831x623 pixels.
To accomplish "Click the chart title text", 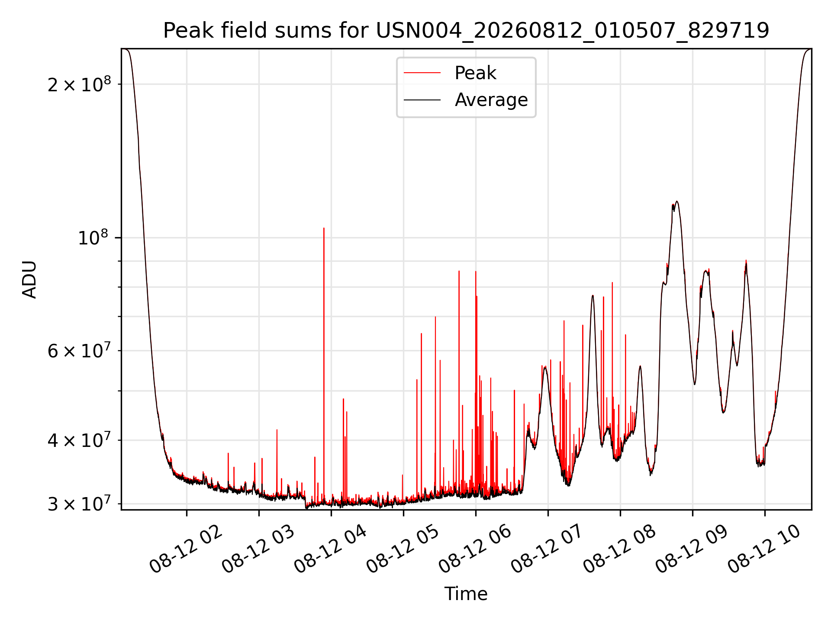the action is [x=466, y=31].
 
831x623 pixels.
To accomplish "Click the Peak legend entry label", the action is [x=475, y=73].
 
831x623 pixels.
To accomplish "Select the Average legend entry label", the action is [x=491, y=100].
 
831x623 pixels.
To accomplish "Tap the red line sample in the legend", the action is [x=422, y=73].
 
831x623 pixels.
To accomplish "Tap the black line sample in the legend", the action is [x=422, y=100].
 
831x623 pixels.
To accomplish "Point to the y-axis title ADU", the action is [x=29, y=279].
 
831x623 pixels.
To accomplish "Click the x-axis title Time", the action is [x=466, y=594].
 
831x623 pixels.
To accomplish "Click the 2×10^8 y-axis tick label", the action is [x=79, y=83].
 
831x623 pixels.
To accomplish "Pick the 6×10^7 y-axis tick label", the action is [x=79, y=350].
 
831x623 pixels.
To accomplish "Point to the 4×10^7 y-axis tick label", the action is [x=79, y=440].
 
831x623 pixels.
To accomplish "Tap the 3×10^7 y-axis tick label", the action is [x=79, y=504].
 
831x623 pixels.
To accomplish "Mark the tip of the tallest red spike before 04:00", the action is [x=324, y=228].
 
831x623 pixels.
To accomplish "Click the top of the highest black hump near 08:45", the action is [x=677, y=201].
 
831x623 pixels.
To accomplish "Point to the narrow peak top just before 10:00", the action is [x=746, y=260].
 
